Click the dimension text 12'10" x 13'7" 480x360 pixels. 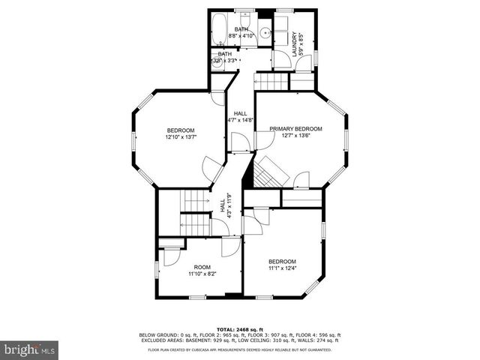click(181, 137)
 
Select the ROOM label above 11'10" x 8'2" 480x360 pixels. click(202, 267)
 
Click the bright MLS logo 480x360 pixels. click(30, 349)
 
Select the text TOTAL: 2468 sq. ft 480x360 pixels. click(240, 329)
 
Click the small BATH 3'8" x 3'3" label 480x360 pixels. click(226, 58)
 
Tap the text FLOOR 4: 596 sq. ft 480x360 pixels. click(319, 334)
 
